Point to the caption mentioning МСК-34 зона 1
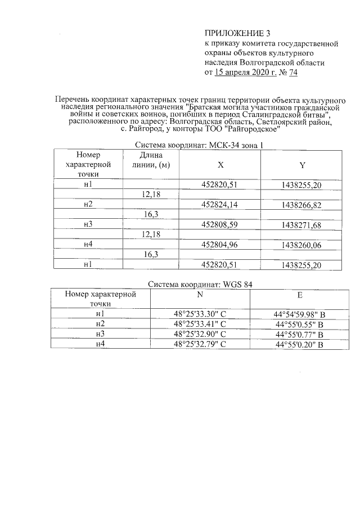(x=200, y=145)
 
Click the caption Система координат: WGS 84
(x=200, y=285)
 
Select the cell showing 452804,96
(x=220, y=245)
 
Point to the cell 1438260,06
(x=302, y=245)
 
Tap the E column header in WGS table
(x=300, y=294)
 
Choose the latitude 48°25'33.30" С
(x=200, y=314)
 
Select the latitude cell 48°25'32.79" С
(x=200, y=344)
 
